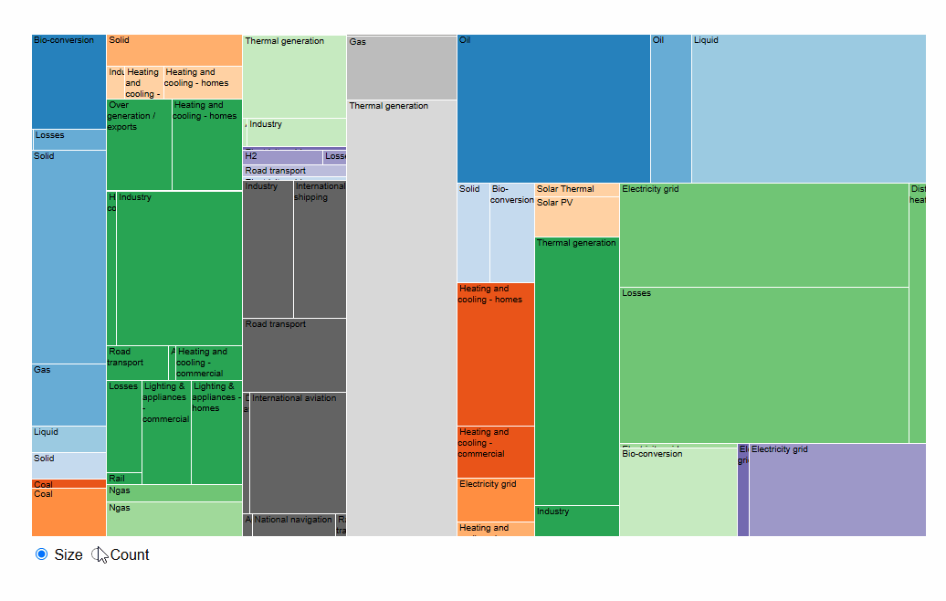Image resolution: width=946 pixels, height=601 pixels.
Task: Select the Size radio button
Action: [x=41, y=554]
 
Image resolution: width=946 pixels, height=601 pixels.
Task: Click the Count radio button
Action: [x=100, y=554]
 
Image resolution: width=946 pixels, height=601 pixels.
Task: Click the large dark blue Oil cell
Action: [x=553, y=109]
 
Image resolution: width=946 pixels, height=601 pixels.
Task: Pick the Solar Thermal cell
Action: [x=576, y=189]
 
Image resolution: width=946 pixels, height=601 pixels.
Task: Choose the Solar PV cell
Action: [x=576, y=217]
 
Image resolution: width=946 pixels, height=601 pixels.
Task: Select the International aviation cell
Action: [x=298, y=452]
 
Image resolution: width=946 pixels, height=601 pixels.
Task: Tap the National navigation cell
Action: [x=293, y=525]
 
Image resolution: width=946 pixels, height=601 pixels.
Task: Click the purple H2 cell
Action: [x=282, y=157]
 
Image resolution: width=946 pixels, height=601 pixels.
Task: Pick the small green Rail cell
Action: [x=124, y=479]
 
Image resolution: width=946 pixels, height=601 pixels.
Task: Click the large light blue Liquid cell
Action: [x=808, y=109]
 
